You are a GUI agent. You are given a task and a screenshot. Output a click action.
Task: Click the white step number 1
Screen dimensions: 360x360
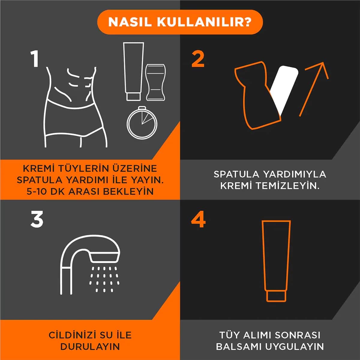tap(35, 59)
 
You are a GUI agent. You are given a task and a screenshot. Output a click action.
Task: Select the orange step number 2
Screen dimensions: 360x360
tap(198, 59)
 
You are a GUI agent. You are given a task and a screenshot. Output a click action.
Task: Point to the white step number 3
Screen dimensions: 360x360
tap(37, 219)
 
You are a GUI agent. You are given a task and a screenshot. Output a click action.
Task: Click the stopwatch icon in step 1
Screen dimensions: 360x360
tap(142, 122)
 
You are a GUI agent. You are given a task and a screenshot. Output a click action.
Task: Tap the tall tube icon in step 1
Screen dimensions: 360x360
tap(133, 71)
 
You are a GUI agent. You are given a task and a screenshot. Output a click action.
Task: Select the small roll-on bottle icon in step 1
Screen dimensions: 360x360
tap(155, 82)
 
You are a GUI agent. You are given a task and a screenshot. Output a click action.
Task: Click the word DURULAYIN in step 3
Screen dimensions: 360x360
tap(90, 347)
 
